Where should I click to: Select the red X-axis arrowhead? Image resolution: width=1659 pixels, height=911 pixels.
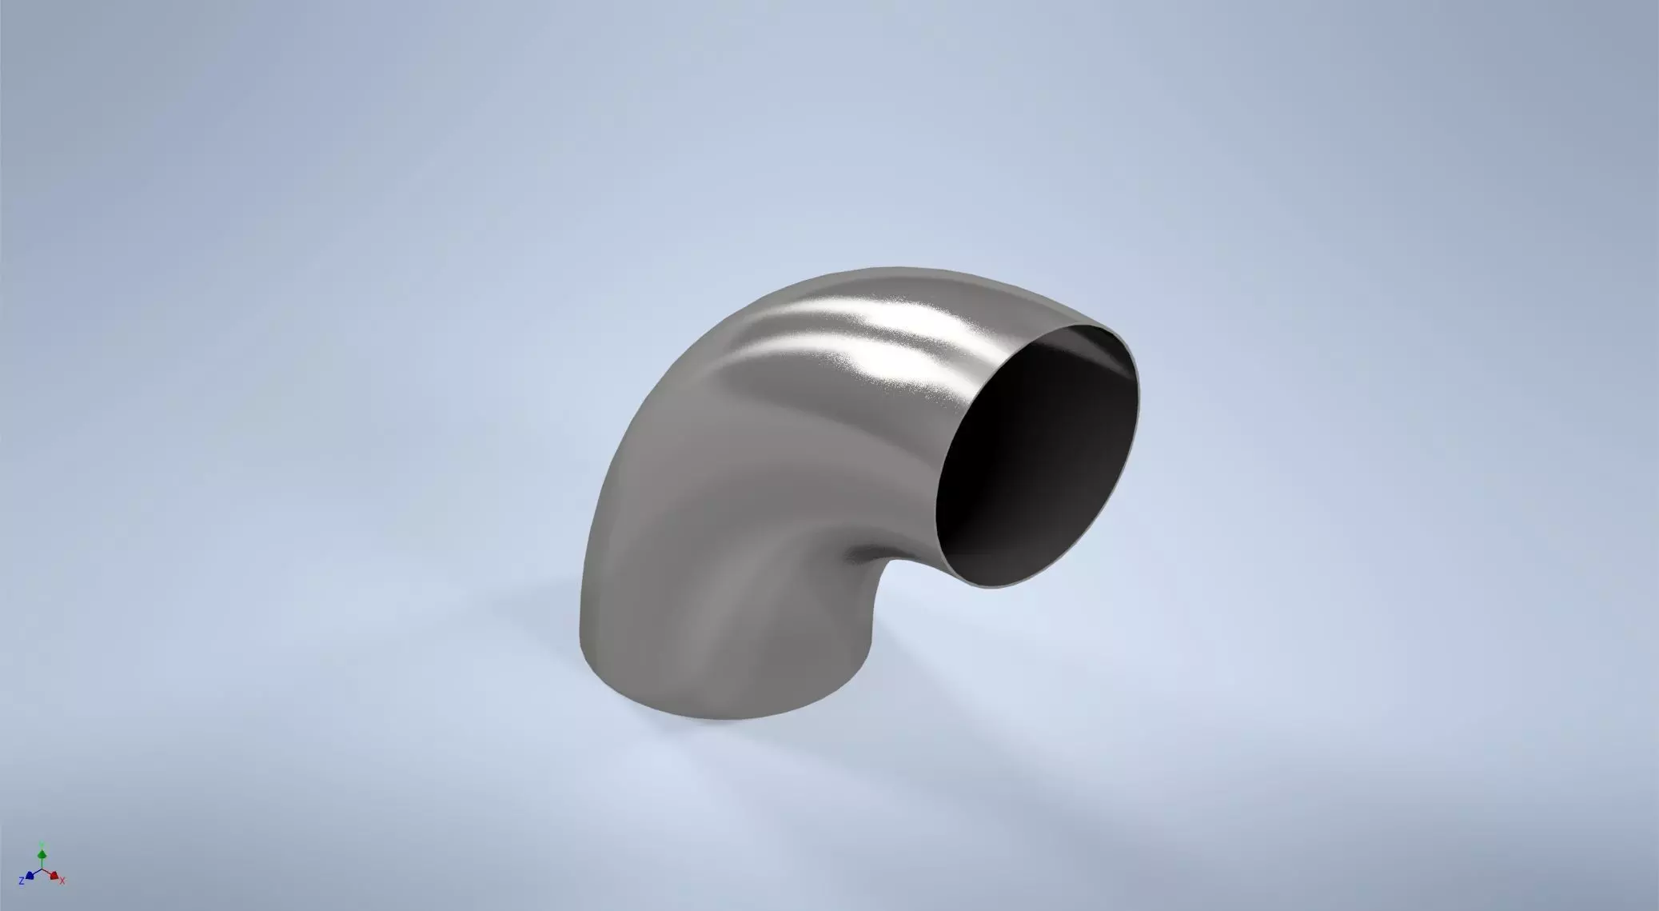54,877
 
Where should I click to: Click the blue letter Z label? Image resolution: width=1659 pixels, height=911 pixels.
22,881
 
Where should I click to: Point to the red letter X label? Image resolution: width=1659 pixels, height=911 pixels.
62,881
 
